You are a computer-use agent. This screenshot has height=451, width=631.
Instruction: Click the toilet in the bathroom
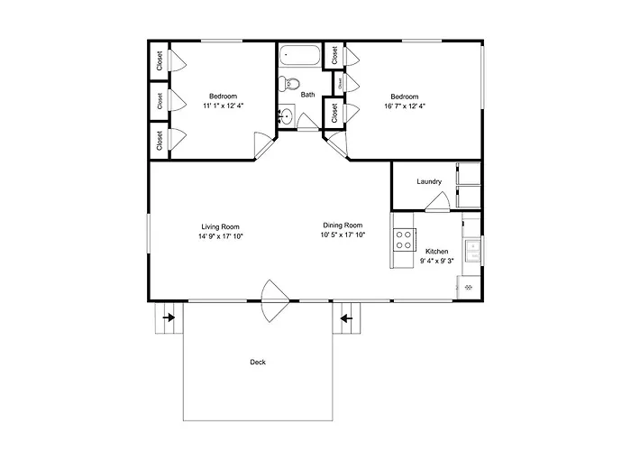coord(292,83)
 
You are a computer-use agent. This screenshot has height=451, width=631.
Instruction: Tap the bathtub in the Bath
coord(300,55)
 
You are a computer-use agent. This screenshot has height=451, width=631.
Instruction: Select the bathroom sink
coord(286,116)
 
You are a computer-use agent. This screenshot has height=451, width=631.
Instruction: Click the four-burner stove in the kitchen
coord(404,240)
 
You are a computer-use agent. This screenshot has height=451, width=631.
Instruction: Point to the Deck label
coord(258,362)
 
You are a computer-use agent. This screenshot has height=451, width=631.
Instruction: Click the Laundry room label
coord(429,181)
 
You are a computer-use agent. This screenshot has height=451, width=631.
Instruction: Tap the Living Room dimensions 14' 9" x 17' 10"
coord(221,236)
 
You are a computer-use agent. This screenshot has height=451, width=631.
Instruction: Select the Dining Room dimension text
coord(343,235)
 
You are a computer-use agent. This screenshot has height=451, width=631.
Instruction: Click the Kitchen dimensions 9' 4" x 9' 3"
coord(436,261)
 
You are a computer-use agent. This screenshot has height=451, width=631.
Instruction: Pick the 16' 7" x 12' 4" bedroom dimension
coord(405,106)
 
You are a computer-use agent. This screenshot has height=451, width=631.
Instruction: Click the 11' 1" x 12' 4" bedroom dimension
coord(224,106)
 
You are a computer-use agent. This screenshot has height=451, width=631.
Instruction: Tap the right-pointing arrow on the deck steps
coord(169,318)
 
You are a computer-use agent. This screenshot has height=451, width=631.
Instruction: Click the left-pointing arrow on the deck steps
coord(346,319)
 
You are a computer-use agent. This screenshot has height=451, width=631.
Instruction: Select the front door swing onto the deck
coord(275,300)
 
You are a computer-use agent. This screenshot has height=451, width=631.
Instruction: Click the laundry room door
coord(437,201)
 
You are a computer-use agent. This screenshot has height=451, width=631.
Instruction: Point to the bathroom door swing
coord(308,121)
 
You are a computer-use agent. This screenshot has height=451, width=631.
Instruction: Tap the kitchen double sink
coord(473,250)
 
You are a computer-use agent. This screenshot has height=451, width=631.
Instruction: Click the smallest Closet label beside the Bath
coord(340,83)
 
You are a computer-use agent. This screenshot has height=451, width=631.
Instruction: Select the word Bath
coord(308,95)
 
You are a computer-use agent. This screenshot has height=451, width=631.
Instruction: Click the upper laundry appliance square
coord(469,173)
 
